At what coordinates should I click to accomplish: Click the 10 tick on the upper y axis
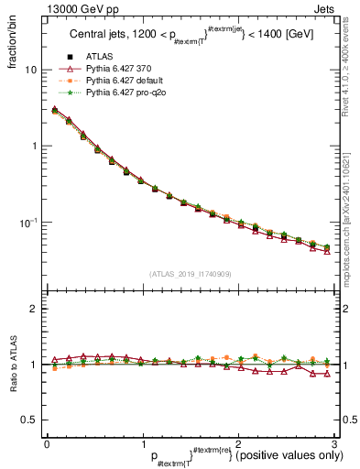[x=30, y=70]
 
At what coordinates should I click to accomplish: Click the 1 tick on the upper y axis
[x=33, y=146]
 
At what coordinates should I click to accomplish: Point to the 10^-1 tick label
[x=28, y=222]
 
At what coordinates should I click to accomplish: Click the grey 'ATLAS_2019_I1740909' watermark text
[x=190, y=274]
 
